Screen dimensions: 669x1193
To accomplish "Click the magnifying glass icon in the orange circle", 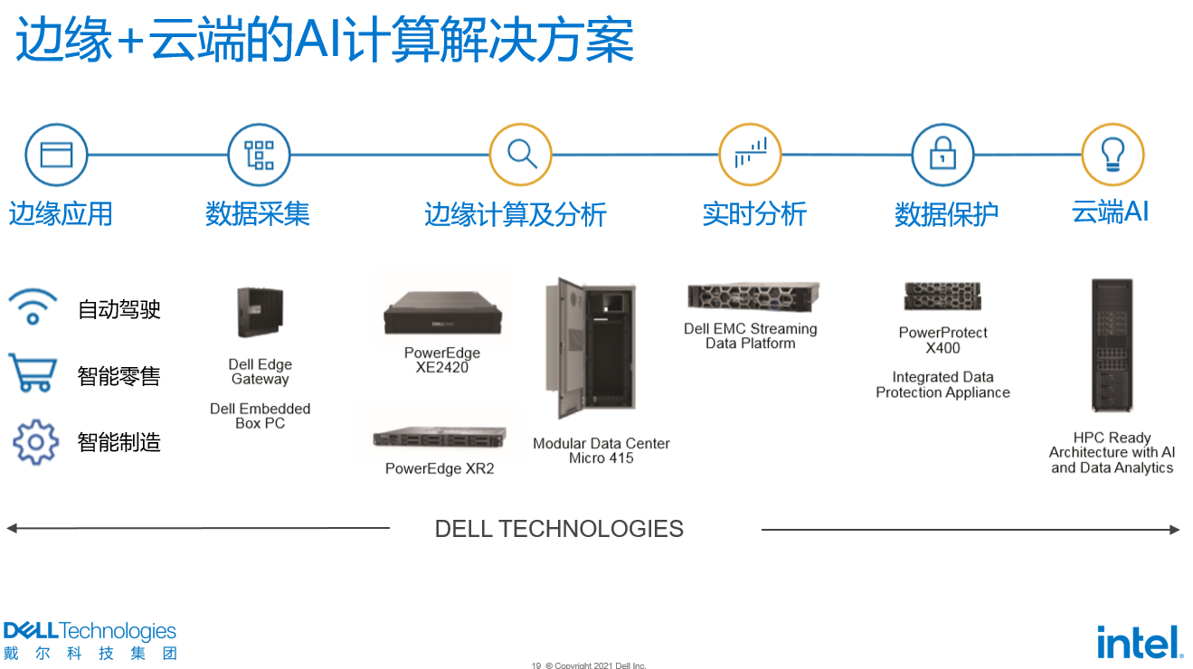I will pyautogui.click(x=521, y=155).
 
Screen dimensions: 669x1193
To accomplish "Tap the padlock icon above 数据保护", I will pyautogui.click(x=942, y=155).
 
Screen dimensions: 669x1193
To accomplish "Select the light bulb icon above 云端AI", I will pyautogui.click(x=1113, y=155).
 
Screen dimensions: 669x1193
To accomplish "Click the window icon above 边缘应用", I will pyautogui.click(x=56, y=155).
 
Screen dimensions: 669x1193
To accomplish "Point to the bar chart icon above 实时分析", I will pyautogui.click(x=750, y=155).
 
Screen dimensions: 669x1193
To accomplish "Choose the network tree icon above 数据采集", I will pyautogui.click(x=259, y=155).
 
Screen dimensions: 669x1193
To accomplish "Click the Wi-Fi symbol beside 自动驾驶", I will pyautogui.click(x=33, y=307).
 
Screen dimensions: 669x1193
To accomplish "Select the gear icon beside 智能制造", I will pyautogui.click(x=35, y=441).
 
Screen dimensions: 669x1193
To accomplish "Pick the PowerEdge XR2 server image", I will pyautogui.click(x=440, y=439).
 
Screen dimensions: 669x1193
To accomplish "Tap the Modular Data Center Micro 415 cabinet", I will pyautogui.click(x=590, y=351).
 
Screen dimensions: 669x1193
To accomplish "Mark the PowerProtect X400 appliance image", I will pyautogui.click(x=942, y=296).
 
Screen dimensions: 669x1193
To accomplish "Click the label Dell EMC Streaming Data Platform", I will pyautogui.click(x=751, y=335).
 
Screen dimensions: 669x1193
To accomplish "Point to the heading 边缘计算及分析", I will pyautogui.click(x=515, y=215).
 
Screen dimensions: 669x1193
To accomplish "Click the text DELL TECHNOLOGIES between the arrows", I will pyautogui.click(x=559, y=529).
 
